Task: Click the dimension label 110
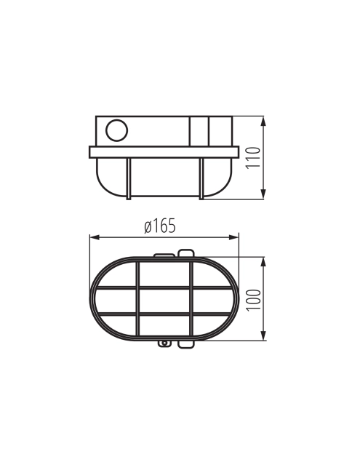click(x=253, y=158)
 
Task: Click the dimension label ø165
click(x=160, y=226)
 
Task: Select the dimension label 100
click(x=253, y=301)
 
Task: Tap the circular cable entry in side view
click(x=116, y=130)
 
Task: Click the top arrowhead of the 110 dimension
click(x=263, y=122)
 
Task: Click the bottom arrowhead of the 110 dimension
click(x=263, y=194)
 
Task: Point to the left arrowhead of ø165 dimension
click(x=95, y=237)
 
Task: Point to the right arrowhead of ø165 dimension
click(x=233, y=237)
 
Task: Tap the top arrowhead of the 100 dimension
click(x=263, y=262)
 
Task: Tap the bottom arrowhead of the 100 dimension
click(x=263, y=335)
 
